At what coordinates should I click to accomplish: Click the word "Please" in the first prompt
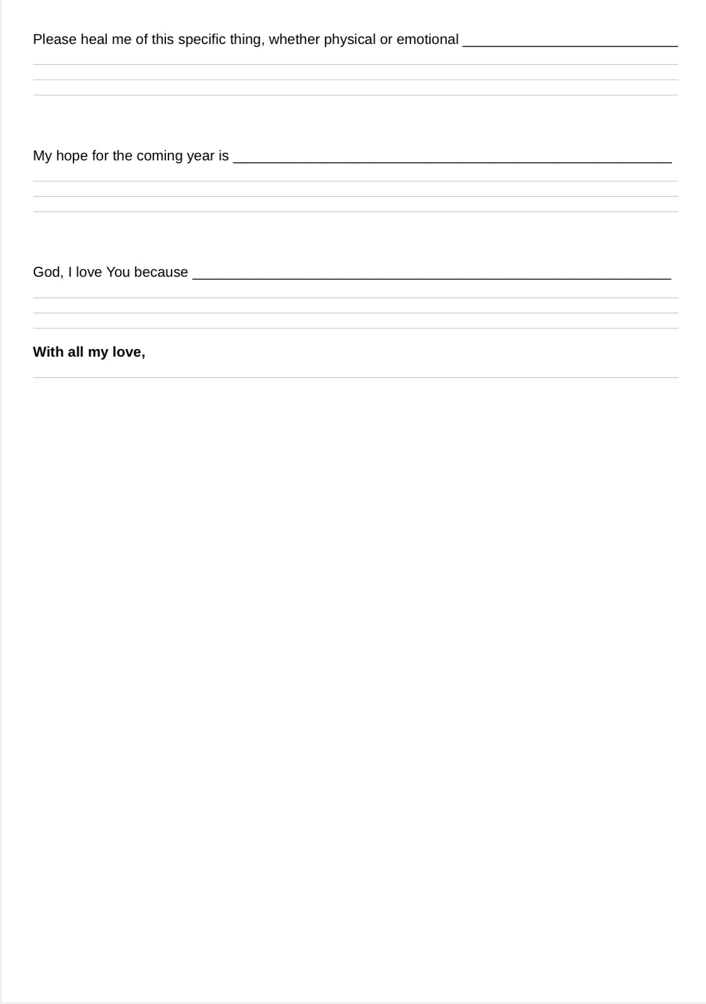55,40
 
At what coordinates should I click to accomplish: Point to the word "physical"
350,40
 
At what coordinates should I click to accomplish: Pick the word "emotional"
427,40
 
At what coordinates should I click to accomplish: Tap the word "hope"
72,156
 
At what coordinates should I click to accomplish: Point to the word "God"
47,272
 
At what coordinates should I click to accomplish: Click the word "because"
161,272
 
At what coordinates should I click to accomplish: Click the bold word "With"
48,352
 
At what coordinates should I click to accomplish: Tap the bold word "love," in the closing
129,352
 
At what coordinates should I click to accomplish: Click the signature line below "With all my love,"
355,377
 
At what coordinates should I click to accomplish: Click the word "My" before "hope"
42,156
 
